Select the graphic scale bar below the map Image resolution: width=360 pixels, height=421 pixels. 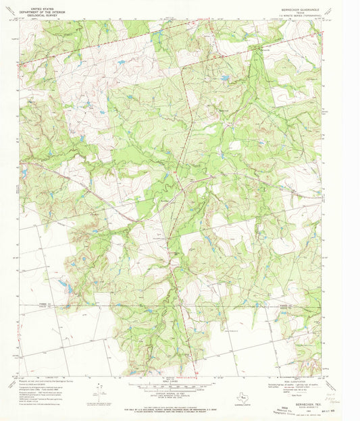tap(172, 387)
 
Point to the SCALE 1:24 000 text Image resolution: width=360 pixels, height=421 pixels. tap(172, 382)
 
